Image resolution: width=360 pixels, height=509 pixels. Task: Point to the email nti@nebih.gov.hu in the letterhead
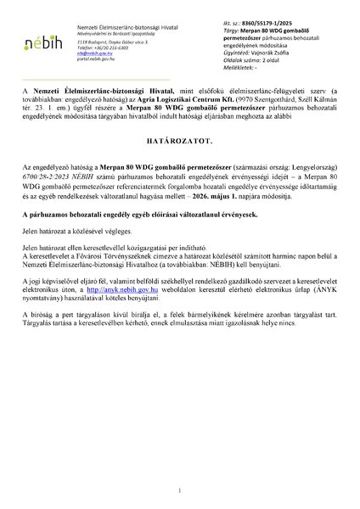pos(93,52)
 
